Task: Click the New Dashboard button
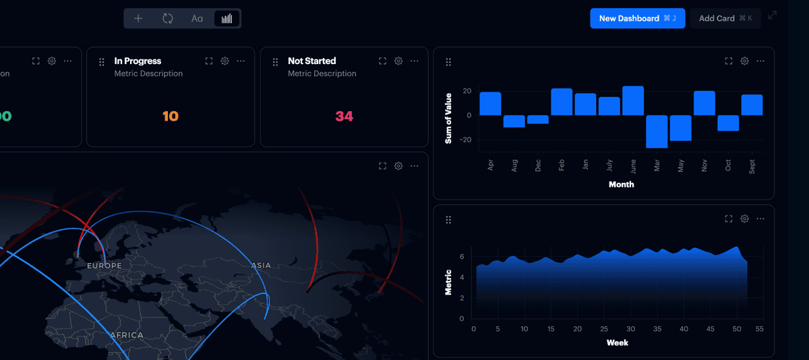pos(637,19)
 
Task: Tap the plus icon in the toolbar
pos(138,19)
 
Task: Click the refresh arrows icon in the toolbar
pos(168,19)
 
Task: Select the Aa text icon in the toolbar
pos(197,19)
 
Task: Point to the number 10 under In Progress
pos(171,117)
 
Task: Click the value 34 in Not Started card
pos(344,117)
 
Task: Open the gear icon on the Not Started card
pos(398,61)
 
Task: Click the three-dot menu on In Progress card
pos(241,61)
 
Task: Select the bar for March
pos(657,131)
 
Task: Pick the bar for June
pos(633,101)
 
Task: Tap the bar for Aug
pos(514,121)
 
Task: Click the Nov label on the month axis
pos(705,164)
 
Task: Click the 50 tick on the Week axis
pos(734,329)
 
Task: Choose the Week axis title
pos(618,342)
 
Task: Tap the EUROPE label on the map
pos(104,266)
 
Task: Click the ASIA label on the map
pos(261,266)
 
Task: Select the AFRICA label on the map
pos(127,335)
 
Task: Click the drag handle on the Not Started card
pos(275,62)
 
